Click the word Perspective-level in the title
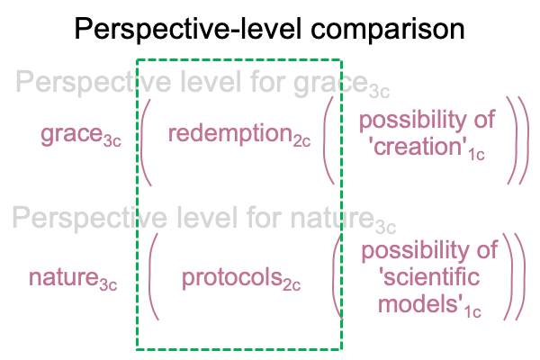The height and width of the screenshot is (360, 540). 188,30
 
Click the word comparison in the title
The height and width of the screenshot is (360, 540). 388,31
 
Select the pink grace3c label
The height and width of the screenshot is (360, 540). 81,135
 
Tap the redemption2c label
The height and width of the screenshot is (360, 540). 239,134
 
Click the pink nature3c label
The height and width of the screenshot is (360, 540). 73,279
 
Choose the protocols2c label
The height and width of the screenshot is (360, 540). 241,279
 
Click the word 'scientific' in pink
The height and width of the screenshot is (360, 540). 428,276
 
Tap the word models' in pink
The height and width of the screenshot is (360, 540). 420,304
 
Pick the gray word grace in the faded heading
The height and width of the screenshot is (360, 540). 330,83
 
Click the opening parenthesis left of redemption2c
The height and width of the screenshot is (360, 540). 145,142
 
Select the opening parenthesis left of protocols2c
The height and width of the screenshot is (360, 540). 153,276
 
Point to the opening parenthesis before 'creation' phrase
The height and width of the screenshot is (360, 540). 328,140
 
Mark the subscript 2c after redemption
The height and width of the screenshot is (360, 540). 301,141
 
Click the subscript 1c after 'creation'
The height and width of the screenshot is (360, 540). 476,154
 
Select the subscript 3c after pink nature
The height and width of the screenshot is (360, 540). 109,285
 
